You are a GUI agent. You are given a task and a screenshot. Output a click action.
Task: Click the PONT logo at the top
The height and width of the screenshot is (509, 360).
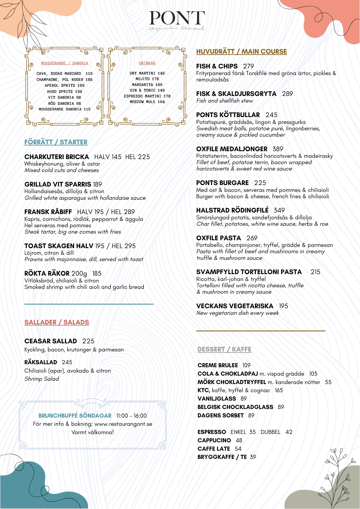coord(177,18)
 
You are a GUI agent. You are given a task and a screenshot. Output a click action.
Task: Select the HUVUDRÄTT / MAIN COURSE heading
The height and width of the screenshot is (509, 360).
coord(241,52)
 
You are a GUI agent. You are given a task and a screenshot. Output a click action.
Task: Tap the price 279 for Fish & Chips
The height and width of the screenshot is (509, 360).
coord(248,66)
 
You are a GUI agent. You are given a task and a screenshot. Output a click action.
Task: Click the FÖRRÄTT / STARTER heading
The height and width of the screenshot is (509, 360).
coord(56,142)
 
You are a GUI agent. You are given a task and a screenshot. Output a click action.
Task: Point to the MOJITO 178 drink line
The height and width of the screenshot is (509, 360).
coord(147,79)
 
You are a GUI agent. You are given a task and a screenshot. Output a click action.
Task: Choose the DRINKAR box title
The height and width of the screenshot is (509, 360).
coord(147,63)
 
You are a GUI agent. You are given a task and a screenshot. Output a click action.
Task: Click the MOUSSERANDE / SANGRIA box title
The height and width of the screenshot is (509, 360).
coord(64,63)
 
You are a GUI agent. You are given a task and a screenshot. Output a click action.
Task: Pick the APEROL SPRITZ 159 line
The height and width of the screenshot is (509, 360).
coord(64,86)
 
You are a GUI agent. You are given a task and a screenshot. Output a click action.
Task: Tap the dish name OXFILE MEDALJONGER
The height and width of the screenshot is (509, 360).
coord(232,149)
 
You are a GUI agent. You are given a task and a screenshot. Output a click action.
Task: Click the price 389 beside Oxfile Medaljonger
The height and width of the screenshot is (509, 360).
coord(278,149)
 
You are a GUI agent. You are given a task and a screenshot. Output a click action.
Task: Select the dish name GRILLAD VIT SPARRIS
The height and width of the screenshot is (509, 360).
coord(58,185)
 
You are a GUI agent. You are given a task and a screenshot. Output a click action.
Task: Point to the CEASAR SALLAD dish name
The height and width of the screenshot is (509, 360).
coord(51,341)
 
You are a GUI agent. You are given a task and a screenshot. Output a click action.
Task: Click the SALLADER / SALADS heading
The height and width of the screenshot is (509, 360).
coord(57,322)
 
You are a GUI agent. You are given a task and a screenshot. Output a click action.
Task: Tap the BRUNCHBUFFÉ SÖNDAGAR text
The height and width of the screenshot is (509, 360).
coord(75,416)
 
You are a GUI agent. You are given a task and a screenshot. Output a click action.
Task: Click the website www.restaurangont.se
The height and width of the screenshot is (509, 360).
coord(123,424)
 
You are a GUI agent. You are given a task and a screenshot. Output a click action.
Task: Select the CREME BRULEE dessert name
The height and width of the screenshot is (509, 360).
coord(218,365)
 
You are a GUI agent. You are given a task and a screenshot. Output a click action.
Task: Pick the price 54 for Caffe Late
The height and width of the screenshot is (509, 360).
coord(238,449)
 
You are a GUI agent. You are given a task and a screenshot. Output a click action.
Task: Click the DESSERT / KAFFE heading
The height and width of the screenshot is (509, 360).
coord(224,349)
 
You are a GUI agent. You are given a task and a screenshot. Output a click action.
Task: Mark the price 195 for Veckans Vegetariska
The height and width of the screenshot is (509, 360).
coord(283,306)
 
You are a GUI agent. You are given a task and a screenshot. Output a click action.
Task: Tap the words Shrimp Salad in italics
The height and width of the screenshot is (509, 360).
coord(42,379)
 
